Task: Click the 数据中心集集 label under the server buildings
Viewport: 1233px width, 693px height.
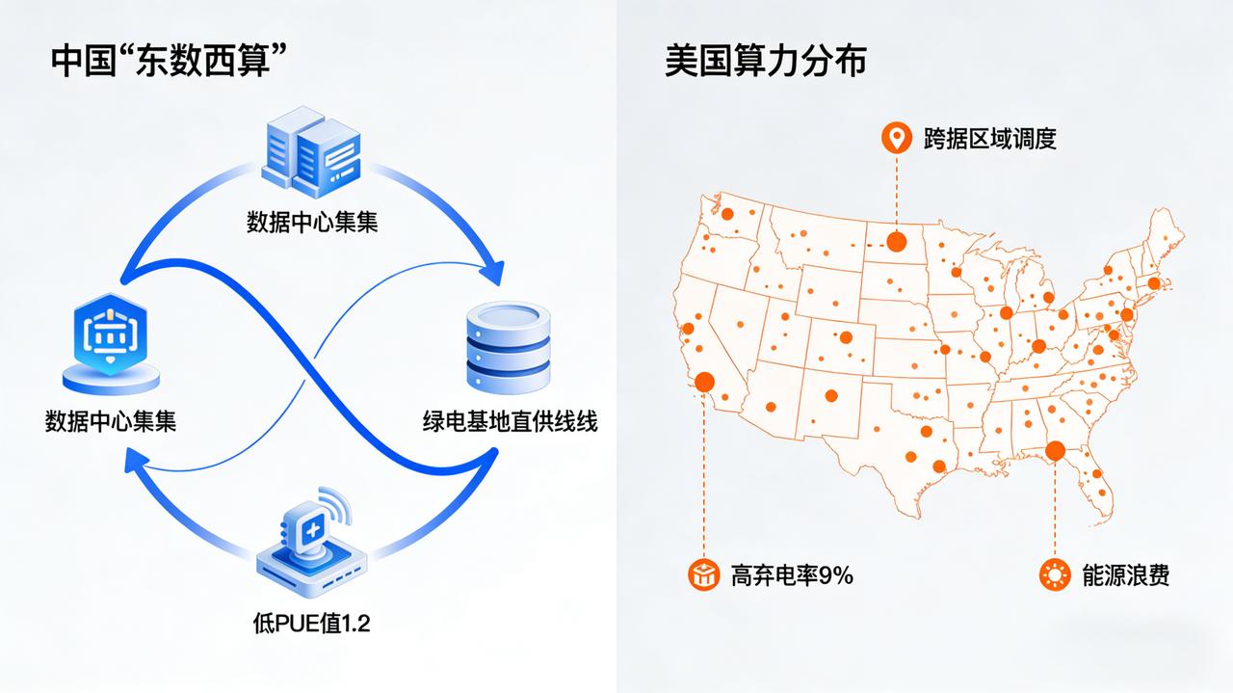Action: click(311, 223)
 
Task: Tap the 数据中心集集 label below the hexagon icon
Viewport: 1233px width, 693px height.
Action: click(111, 421)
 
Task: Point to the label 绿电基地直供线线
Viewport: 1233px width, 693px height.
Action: click(510, 421)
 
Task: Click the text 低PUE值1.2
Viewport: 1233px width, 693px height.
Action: click(310, 624)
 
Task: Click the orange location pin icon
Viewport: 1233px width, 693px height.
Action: click(897, 139)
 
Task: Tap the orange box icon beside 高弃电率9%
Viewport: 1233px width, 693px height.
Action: click(704, 575)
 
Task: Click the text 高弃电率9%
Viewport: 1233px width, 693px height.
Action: click(792, 575)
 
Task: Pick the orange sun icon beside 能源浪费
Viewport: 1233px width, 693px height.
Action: click(1056, 575)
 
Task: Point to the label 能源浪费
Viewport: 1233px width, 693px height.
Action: click(1125, 575)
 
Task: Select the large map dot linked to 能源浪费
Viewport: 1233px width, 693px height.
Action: click(1056, 450)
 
